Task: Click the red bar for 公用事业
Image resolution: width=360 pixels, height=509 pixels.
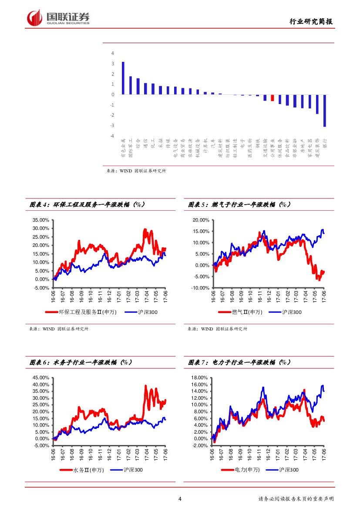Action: pos(273,98)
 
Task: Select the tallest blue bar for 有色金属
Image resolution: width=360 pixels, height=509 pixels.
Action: pos(123,78)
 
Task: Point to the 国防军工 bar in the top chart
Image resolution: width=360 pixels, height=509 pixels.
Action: pos(131,85)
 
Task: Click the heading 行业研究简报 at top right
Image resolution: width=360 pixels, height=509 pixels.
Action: pos(312,21)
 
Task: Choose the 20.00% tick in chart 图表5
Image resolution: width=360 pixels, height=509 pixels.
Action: pos(201,220)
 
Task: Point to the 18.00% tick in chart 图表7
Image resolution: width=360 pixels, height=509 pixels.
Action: pos(201,378)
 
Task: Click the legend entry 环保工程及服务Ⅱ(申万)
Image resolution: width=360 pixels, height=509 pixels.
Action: pos(81,312)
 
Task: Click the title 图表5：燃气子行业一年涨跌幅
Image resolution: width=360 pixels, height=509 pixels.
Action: pos(239,204)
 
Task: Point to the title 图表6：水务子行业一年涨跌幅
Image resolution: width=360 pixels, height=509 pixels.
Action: pos(81,362)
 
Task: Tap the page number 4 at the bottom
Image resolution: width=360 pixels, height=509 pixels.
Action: pos(180,499)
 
